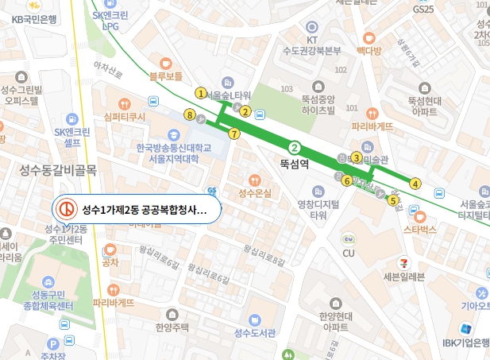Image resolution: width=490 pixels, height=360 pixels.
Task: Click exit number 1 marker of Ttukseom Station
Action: [201, 93]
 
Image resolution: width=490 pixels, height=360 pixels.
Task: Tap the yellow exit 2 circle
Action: [246, 110]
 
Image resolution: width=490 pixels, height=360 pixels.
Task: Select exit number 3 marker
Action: [357, 157]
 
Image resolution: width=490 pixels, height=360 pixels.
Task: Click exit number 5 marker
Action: [392, 200]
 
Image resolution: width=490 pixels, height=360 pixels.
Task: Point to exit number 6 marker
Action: [346, 180]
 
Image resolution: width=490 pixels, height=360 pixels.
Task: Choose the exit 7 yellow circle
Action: [233, 134]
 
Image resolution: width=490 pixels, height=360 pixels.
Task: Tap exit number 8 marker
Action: [189, 115]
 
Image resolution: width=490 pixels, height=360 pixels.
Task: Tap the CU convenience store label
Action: [348, 254]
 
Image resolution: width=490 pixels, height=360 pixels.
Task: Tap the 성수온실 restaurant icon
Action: [254, 180]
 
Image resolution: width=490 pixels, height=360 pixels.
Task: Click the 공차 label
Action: [110, 263]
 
